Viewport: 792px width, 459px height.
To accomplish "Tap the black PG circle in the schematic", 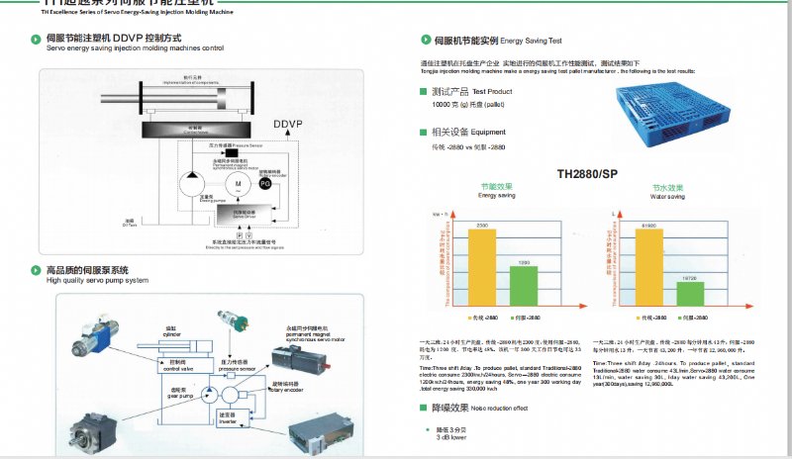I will (264, 183).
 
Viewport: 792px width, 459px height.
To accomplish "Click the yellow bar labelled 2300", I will (483, 266).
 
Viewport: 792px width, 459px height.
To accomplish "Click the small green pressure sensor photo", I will (236, 323).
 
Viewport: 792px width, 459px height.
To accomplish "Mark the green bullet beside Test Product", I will (423, 91).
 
